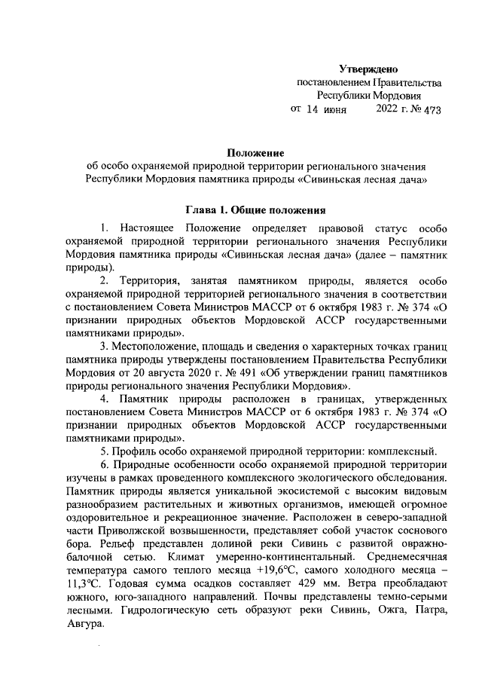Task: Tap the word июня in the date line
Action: tap(334, 110)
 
